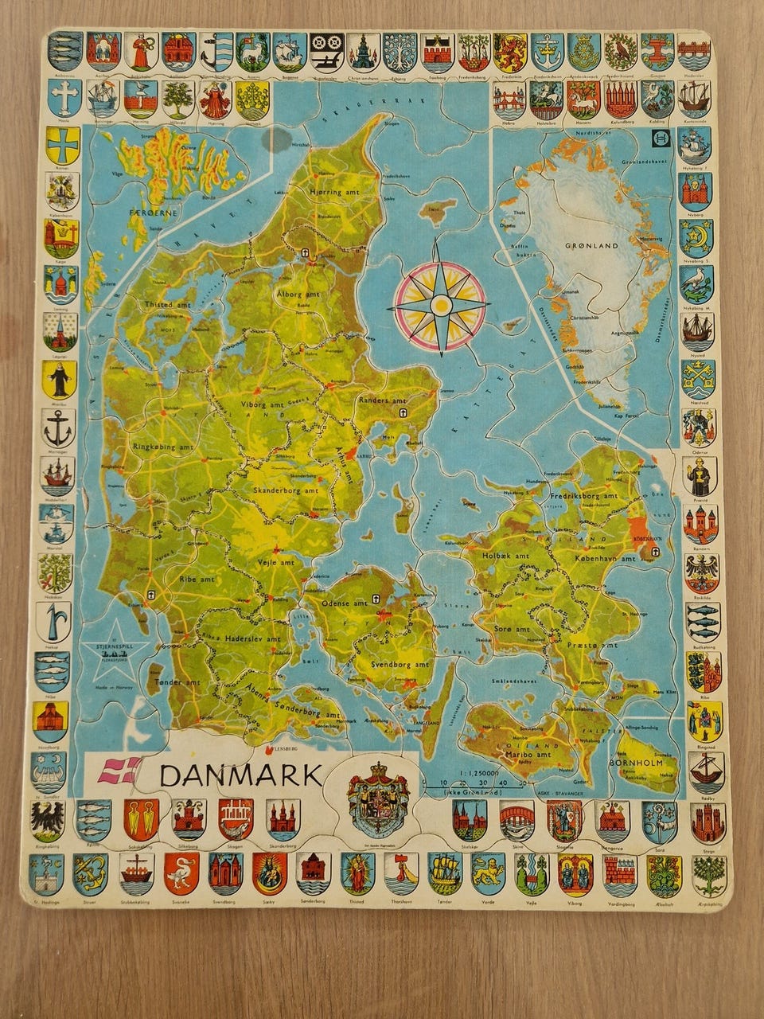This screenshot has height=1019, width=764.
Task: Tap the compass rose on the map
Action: (439, 306)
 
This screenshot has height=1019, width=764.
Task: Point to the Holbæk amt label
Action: (506, 556)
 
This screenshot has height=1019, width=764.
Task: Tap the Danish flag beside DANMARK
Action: (119, 770)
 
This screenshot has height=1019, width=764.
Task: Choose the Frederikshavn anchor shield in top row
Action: (547, 52)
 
